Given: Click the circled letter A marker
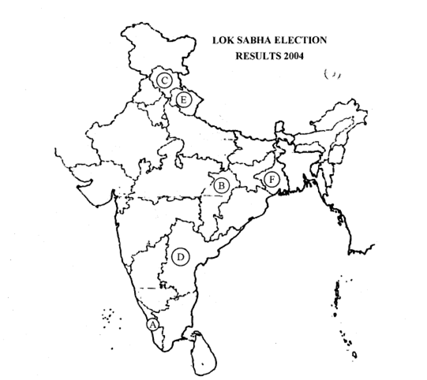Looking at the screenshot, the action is click(x=153, y=325).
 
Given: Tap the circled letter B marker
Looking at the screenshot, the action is click(x=222, y=185).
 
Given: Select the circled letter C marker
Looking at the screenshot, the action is click(x=164, y=80).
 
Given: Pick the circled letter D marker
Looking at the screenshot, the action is click(x=181, y=257).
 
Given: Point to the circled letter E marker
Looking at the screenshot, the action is click(x=184, y=99).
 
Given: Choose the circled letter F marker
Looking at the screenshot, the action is click(x=272, y=180).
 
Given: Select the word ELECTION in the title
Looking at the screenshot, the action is click(x=300, y=40).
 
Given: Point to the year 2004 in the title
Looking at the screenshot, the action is click(x=294, y=56).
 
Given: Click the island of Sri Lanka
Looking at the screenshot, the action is click(x=204, y=353).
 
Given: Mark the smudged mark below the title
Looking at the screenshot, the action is click(x=332, y=74).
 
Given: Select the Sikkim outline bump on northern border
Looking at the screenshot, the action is click(x=279, y=128).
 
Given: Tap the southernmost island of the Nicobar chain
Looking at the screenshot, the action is click(x=354, y=355).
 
